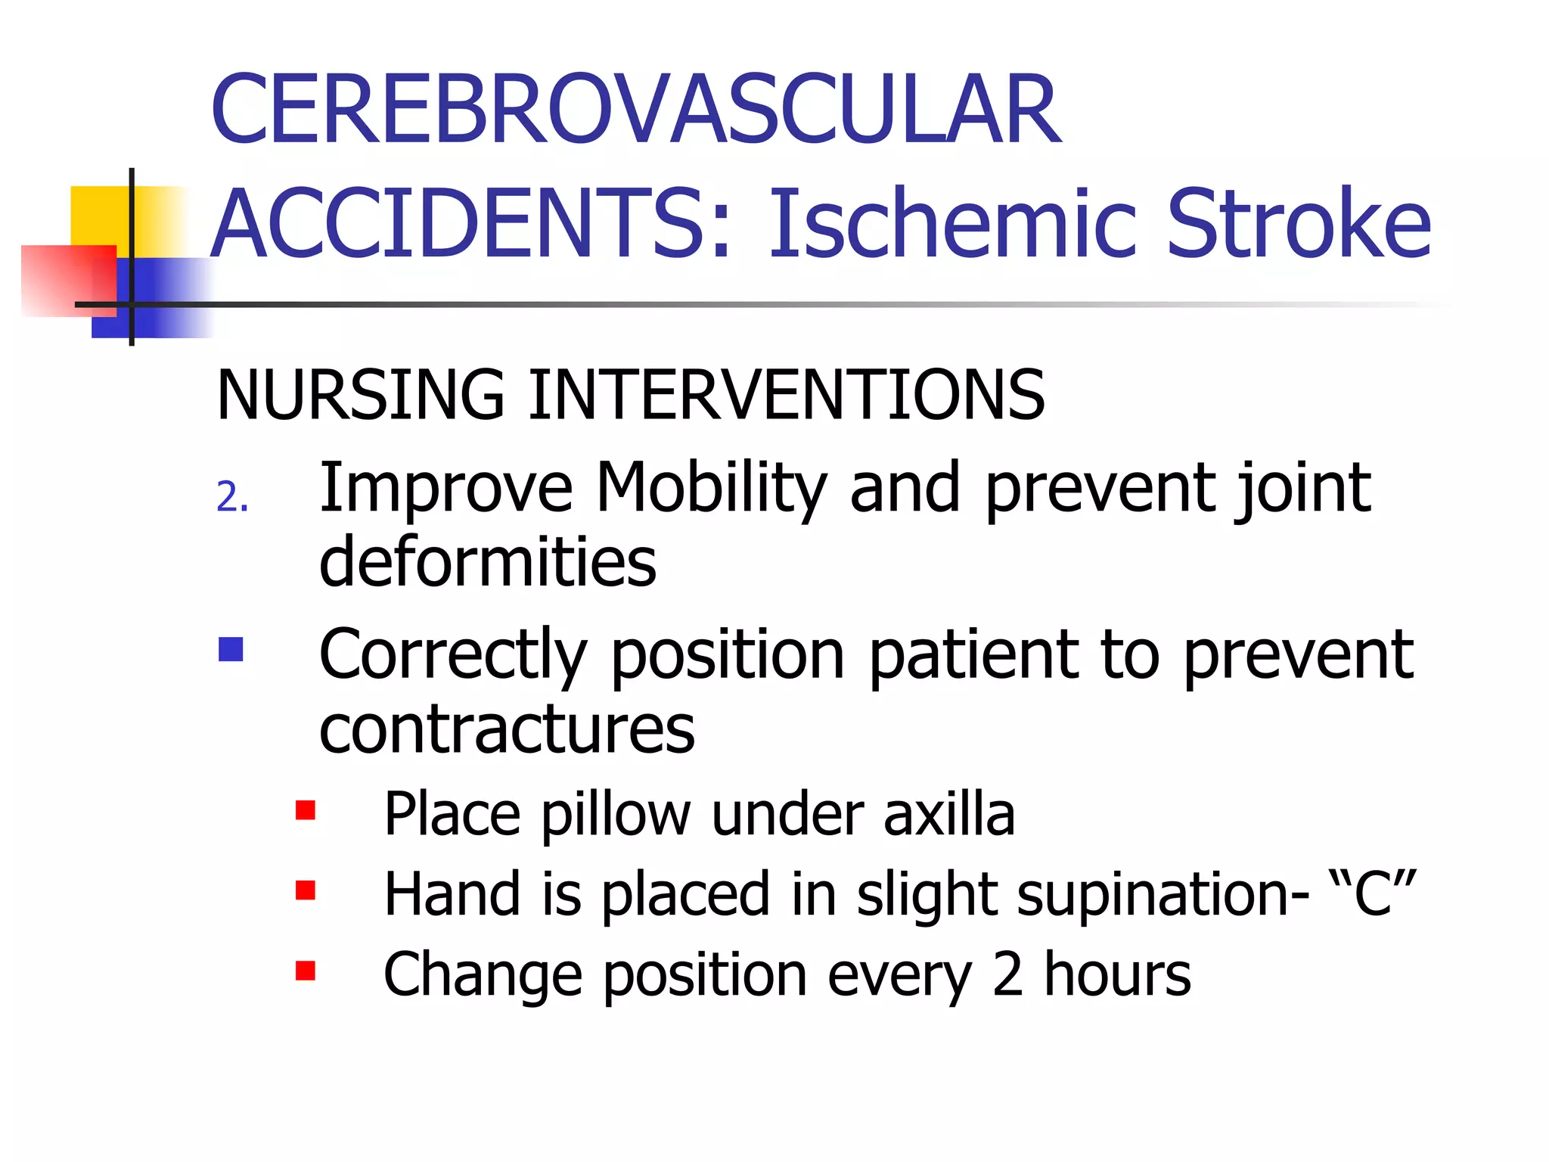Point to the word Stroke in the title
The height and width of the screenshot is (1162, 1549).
1298,224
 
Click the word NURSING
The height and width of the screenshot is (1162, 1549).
360,394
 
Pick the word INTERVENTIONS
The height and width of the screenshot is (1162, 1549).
787,394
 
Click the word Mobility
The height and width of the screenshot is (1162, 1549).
711,488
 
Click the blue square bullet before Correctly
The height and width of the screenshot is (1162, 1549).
231,649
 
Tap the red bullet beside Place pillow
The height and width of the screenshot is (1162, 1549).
306,810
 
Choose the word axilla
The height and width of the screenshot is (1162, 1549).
949,814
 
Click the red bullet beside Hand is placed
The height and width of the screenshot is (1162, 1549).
306,890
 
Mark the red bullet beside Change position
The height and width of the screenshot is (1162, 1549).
306,970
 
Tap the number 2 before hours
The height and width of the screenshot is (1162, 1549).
1007,974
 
